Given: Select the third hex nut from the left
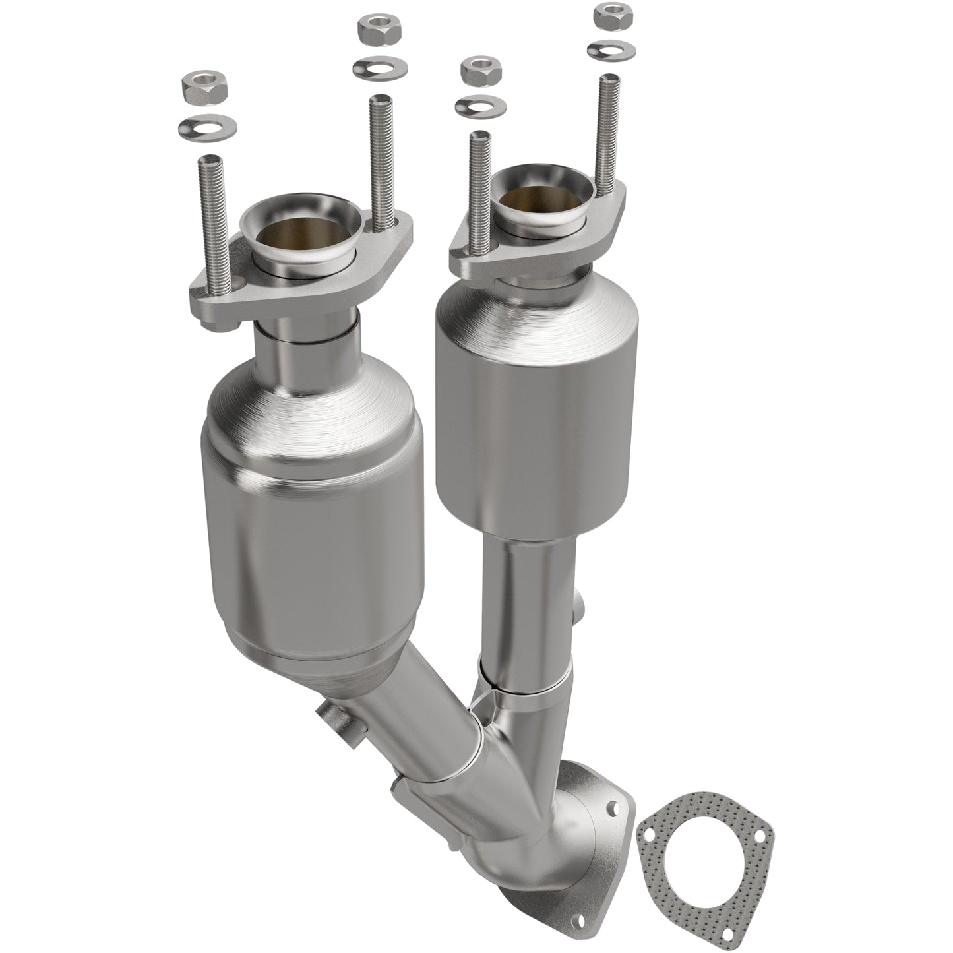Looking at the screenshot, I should click(x=479, y=70).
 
